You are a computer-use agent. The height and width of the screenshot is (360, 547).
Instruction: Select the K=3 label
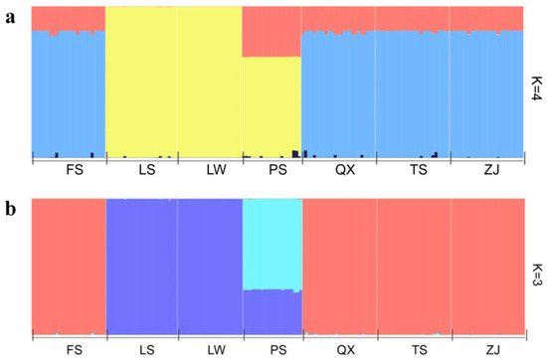pos(537,269)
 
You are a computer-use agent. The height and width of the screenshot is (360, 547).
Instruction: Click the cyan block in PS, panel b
pos(272,244)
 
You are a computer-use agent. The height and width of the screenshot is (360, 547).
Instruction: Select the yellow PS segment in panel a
pos(272,104)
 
